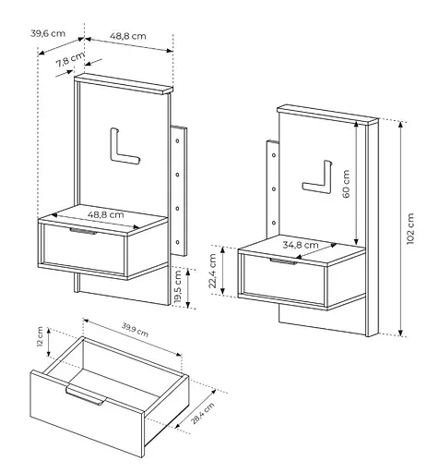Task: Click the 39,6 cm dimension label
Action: pos(48,33)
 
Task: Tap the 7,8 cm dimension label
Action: pos(70,59)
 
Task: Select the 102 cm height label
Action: pos(410,229)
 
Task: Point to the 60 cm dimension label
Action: pos(346,184)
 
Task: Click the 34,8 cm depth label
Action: pos(301,245)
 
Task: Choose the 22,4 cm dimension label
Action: pos(213,271)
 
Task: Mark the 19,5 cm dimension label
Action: pos(178,287)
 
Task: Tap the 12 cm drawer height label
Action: pos(40,336)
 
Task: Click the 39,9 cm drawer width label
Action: pos(135,330)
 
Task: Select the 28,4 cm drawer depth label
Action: pos(203,413)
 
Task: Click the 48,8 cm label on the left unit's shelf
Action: pos(106,214)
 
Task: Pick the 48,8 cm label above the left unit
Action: pos(128,36)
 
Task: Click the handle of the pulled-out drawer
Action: pos(86,395)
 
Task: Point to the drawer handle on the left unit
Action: pos(83,231)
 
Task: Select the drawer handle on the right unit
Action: pos(284,261)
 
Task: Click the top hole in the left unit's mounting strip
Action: pos(177,140)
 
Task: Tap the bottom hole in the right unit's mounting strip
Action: pos(274,223)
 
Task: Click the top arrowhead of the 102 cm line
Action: pos(400,125)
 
